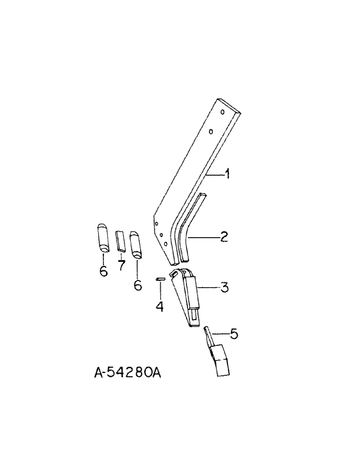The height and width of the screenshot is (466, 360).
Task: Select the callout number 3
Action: pyautogui.click(x=224, y=288)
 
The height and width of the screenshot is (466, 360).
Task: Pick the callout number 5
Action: pyautogui.click(x=234, y=334)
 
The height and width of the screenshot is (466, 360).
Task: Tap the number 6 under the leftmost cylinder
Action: pyautogui.click(x=103, y=270)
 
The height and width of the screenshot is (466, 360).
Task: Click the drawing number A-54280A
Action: pyautogui.click(x=127, y=373)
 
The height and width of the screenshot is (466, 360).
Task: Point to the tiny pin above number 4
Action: pyautogui.click(x=160, y=279)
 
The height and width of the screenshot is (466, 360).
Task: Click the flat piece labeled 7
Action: pyautogui.click(x=120, y=241)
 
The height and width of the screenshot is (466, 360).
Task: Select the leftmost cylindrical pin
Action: pyautogui.click(x=104, y=239)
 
